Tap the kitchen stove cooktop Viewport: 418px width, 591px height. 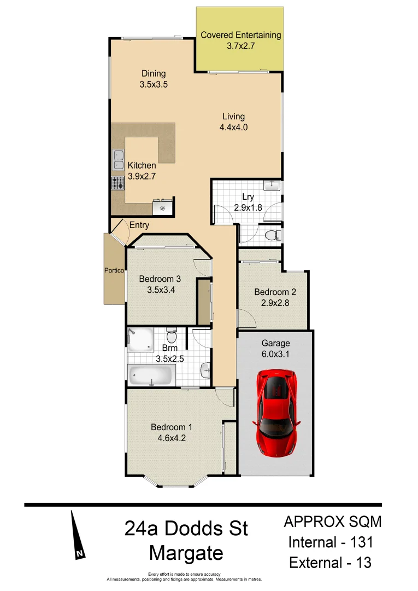tap(118, 183)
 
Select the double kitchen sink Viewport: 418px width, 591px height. tap(118, 159)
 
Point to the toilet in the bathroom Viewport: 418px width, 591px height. tap(171, 333)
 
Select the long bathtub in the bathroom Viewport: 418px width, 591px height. tap(151, 375)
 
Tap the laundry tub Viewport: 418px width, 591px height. tap(272, 186)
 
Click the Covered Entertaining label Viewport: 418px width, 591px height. tap(241, 36)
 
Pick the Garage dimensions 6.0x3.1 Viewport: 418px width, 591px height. tap(275, 354)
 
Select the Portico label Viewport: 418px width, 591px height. tap(115, 270)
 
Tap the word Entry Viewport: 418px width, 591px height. tap(139, 225)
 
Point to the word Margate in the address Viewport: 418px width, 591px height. tap(186, 553)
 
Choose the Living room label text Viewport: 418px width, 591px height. tap(233, 117)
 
